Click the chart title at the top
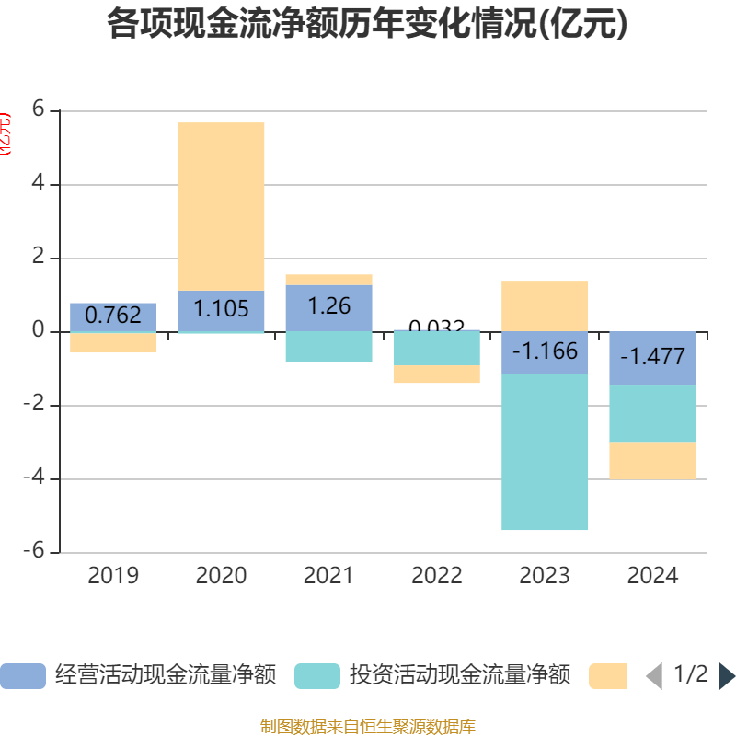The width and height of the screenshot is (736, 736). pos(367,25)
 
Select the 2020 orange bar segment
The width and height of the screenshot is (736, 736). pos(221,206)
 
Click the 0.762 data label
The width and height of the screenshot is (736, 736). pos(113,316)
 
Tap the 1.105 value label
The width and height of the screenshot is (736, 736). pos(221,309)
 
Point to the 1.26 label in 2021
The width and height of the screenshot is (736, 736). pos(328,306)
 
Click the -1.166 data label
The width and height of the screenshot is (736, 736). pos(545,351)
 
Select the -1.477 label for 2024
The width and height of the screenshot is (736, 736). pos(652,357)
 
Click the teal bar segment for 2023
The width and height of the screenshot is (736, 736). pos(545,452)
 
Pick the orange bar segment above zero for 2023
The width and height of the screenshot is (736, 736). pos(545,305)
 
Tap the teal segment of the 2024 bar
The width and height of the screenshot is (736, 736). pos(652,413)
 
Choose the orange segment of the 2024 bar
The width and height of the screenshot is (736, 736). pos(652,460)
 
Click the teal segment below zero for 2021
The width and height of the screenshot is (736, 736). pos(328,346)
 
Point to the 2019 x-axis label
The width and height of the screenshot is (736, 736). pos(113,576)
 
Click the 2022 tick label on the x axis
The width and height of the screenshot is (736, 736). pos(437,576)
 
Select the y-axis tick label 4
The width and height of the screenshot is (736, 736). pos(39,184)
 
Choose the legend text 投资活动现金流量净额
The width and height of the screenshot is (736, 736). pos(459,675)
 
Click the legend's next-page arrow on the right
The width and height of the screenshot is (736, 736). pos(727,676)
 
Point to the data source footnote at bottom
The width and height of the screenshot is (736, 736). pos(367,727)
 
